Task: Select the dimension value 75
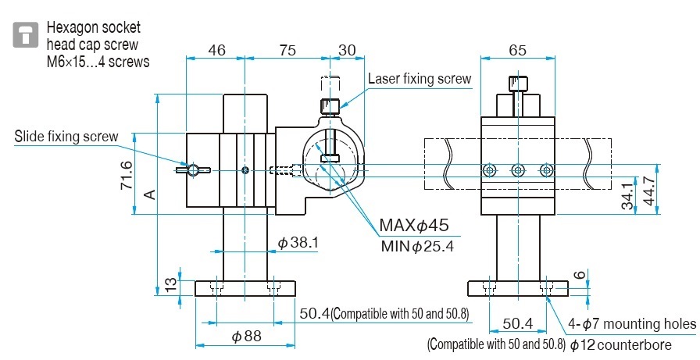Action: pos(287,50)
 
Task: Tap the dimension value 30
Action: pos(347,50)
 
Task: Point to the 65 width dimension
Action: pos(517,50)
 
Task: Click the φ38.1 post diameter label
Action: pos(298,243)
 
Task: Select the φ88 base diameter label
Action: pos(246,337)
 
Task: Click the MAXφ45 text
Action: pos(414,226)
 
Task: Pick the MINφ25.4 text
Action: pos(417,246)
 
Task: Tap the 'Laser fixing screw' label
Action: pos(420,78)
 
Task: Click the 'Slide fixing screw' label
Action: pos(66,137)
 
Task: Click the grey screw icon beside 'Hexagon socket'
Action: pos(27,34)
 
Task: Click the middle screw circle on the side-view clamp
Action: pos(516,169)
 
